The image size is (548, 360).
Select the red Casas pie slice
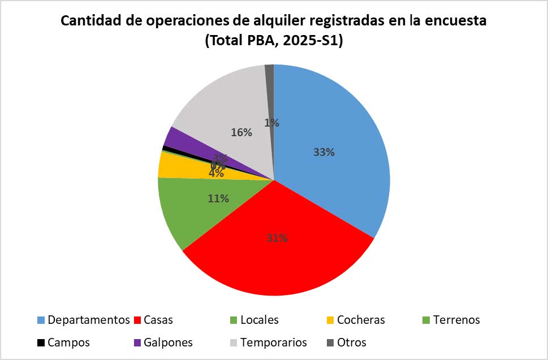(277, 260)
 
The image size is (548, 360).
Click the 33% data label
(323, 152)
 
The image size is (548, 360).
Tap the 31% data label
(277, 238)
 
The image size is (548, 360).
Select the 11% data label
(218, 198)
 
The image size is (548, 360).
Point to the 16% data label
(241, 132)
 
